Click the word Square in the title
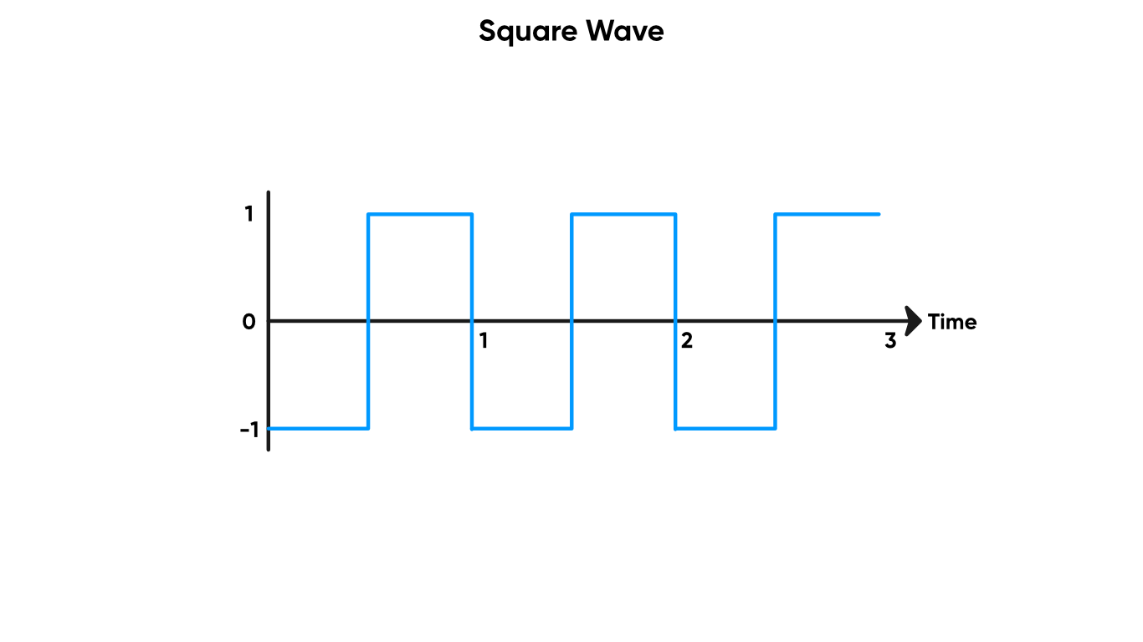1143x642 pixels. [x=527, y=33]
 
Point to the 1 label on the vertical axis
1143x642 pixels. [x=249, y=215]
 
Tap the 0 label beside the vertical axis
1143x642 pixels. [x=249, y=322]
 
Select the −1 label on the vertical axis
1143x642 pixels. [x=250, y=430]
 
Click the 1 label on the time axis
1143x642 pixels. [x=483, y=340]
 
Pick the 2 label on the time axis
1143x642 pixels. [x=686, y=340]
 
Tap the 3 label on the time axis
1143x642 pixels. [x=889, y=340]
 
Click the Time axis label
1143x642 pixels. [x=952, y=322]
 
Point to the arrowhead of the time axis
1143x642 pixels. [x=914, y=320]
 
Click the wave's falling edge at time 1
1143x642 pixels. [x=472, y=276]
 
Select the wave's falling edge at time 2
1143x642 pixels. [x=675, y=276]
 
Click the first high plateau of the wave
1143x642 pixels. [x=420, y=215]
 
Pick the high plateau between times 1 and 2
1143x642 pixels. [x=623, y=215]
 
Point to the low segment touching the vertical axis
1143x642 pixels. [x=319, y=428]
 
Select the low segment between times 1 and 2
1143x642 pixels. [x=522, y=428]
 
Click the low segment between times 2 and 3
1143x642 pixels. [x=725, y=428]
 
